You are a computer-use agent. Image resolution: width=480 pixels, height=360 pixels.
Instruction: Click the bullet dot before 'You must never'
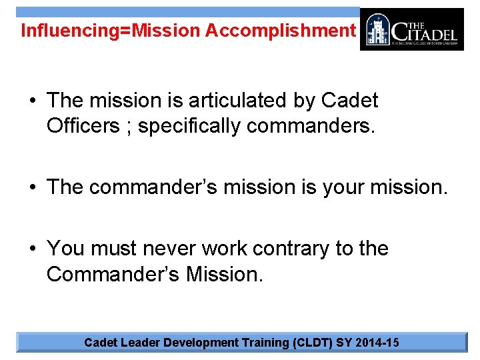point(33,249)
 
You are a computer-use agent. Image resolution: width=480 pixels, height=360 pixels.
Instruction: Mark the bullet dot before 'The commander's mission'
point(33,188)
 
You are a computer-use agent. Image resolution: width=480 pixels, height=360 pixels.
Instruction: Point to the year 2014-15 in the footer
point(379,343)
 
